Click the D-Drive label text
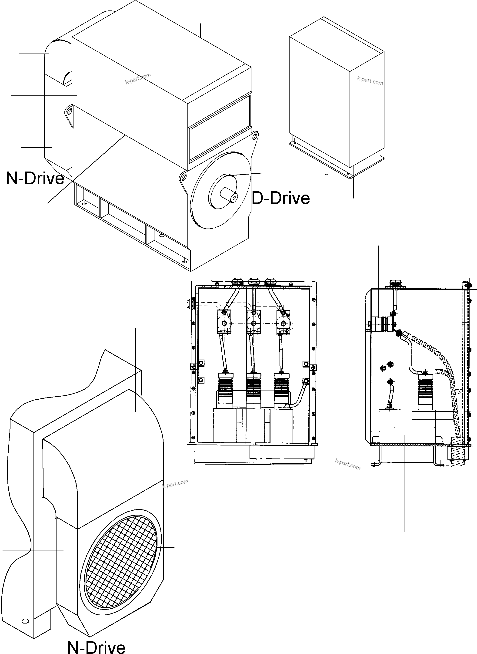tap(281, 199)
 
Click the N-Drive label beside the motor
tap(35, 178)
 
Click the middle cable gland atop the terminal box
tap(253, 281)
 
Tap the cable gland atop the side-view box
tap(394, 283)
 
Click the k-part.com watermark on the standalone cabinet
tap(370, 81)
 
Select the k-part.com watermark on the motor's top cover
tap(138, 78)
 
